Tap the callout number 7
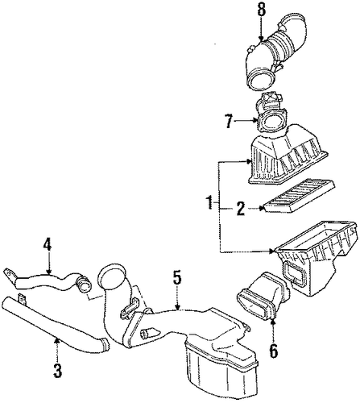pos(228,121)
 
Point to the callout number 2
pos(241,208)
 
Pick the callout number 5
pos(177,280)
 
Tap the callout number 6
pos(273,351)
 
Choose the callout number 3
pos(57,370)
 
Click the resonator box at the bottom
pos(220,368)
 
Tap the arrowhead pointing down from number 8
pos(259,39)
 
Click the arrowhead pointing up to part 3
pos(56,341)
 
